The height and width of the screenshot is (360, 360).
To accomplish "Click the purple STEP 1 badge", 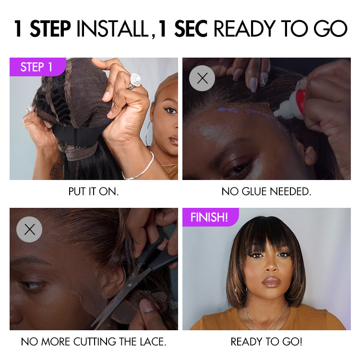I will click(36, 67).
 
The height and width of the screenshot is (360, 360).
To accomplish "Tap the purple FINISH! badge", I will click(209, 217).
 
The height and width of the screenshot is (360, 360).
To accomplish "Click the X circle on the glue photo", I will click(202, 78).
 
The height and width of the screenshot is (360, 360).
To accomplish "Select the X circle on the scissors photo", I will click(29, 229).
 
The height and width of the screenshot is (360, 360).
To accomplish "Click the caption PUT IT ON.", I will click(94, 192).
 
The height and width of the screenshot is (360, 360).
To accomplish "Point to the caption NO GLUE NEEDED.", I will click(266, 192).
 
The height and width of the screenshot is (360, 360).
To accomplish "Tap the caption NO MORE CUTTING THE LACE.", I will click(94, 342).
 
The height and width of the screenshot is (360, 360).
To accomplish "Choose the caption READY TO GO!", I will click(266, 342).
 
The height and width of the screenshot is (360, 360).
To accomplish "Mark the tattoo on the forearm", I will click(57, 170).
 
